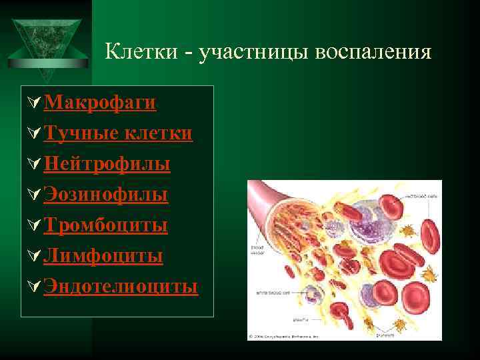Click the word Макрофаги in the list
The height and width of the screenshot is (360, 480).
click(100, 103)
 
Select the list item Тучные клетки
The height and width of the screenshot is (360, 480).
click(118, 133)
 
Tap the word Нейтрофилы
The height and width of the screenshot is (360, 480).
click(107, 164)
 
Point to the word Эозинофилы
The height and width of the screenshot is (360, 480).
click(105, 195)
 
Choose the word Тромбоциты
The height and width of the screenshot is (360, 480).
click(105, 225)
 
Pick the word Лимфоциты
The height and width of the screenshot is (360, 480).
click(103, 256)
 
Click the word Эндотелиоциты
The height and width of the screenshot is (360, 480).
click(121, 287)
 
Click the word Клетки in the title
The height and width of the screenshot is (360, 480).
click(141, 51)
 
